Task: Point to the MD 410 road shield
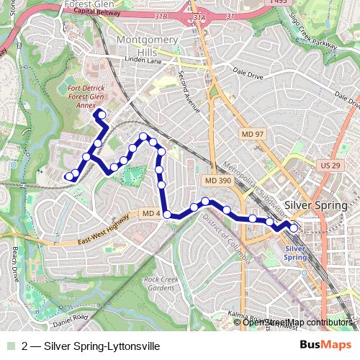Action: click(150, 214)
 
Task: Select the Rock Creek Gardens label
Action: click(159, 283)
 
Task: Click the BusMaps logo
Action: click(325, 346)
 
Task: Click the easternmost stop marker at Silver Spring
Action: click(294, 228)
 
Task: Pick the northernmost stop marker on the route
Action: click(102, 114)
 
